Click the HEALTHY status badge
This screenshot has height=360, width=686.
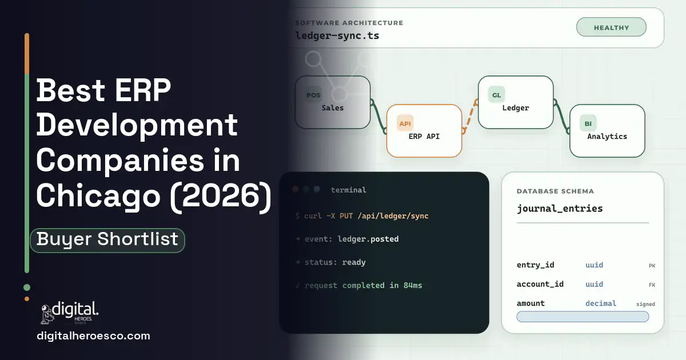611,27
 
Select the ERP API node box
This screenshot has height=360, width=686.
424,131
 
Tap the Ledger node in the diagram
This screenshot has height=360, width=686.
516,102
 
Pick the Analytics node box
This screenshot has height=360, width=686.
607,131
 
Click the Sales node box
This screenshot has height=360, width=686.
333,102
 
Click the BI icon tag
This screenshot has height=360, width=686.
588,123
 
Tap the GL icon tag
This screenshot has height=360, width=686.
496,95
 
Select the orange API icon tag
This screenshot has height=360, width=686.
405,123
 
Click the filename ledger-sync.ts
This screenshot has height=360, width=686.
337,36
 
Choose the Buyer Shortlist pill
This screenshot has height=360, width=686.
107,241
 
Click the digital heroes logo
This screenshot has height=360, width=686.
70,313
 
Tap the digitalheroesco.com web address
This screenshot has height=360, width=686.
93,336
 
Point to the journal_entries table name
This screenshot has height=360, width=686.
560,209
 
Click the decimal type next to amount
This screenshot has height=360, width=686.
601,303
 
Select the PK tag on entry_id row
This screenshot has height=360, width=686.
652,266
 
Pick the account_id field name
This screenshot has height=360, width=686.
540,285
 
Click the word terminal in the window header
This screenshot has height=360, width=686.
348,190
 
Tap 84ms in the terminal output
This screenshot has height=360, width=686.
413,285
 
